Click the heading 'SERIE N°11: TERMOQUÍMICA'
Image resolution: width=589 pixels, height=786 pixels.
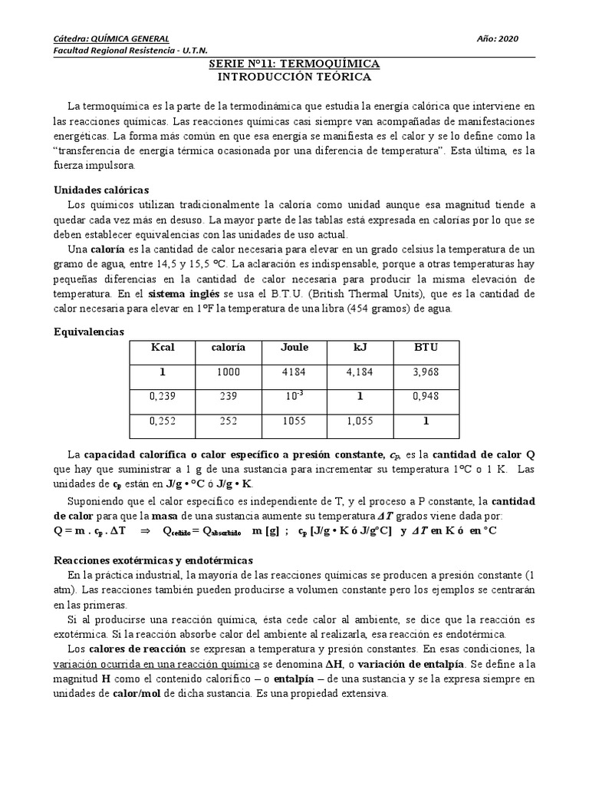(x=294, y=64)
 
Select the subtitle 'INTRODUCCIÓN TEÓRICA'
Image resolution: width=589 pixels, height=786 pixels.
(x=294, y=78)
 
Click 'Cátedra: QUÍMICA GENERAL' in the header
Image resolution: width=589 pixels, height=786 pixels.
(x=111, y=38)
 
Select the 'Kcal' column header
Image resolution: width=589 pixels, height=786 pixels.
(x=163, y=347)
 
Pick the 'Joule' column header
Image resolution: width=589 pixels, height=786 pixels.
(x=294, y=347)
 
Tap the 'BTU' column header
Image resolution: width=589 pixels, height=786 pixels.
(x=426, y=347)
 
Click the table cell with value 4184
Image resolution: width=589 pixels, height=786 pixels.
(x=294, y=372)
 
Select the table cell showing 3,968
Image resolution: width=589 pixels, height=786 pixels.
(x=426, y=372)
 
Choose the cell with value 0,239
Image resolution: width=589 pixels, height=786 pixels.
(x=163, y=398)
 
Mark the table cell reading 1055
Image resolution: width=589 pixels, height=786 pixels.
(x=294, y=421)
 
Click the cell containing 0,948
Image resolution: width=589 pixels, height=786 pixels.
(x=426, y=398)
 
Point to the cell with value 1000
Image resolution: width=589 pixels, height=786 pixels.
(x=229, y=372)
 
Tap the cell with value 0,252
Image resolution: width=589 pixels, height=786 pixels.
(x=163, y=421)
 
